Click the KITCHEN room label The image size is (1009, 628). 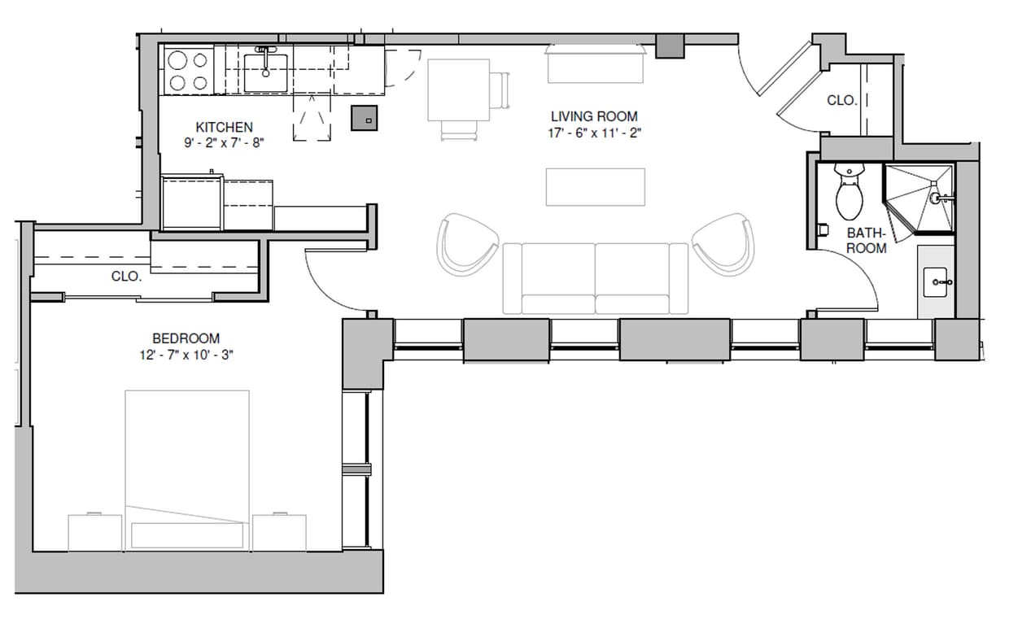tap(224, 127)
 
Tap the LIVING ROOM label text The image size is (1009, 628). tap(593, 116)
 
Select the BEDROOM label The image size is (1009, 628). tap(186, 338)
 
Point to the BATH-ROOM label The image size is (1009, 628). tap(866, 240)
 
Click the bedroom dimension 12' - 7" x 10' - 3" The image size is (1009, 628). tap(186, 355)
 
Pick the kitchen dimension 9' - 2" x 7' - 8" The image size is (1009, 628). tap(224, 142)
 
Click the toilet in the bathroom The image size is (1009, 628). tap(850, 192)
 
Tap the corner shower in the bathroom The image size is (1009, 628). tap(918, 200)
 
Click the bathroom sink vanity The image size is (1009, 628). tap(936, 281)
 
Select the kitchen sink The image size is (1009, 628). tap(265, 72)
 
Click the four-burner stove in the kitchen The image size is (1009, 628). tap(188, 71)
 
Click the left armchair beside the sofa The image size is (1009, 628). tap(467, 243)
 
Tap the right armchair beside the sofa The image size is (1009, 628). tap(723, 242)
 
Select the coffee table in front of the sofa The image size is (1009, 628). tap(596, 187)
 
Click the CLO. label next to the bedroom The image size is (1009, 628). tap(126, 277)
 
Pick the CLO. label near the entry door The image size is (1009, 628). tap(841, 100)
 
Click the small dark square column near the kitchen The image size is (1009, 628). tap(365, 119)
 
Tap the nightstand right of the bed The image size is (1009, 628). tap(279, 531)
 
